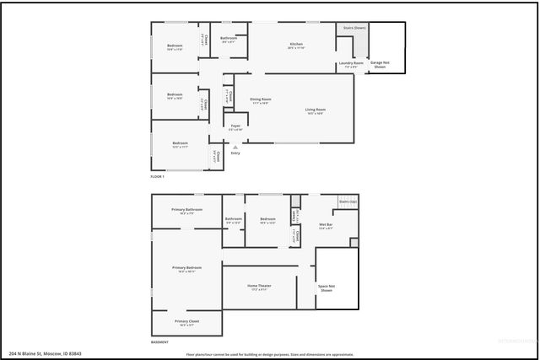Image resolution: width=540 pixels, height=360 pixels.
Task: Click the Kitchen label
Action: pyautogui.click(x=296, y=44)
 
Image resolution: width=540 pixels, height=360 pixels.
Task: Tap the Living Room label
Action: pyautogui.click(x=316, y=110)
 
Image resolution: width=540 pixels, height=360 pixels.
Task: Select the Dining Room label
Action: pyautogui.click(x=259, y=100)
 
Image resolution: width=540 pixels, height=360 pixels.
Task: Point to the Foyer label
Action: pyautogui.click(x=236, y=126)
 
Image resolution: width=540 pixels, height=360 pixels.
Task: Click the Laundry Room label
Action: pyautogui.click(x=351, y=63)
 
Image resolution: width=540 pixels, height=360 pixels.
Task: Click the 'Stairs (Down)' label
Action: pyautogui.click(x=354, y=28)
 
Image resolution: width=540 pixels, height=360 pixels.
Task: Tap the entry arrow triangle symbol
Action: pyautogui.click(x=235, y=146)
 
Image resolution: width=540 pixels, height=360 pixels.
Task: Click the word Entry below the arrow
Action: pyautogui.click(x=235, y=153)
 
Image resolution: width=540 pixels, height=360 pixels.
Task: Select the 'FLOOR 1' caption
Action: pyautogui.click(x=158, y=177)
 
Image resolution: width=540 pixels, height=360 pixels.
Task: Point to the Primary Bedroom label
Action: pyautogui.click(x=186, y=267)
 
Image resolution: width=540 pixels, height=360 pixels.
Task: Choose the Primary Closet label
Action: pyautogui.click(x=186, y=321)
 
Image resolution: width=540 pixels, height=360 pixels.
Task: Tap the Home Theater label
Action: pyautogui.click(x=259, y=287)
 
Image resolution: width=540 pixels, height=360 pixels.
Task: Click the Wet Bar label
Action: pyautogui.click(x=327, y=224)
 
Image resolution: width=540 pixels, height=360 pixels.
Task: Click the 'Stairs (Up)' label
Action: pyautogui.click(x=348, y=202)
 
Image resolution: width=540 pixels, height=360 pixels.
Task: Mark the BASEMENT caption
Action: pyautogui.click(x=159, y=342)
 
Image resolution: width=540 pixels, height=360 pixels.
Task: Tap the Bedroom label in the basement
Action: pyautogui.click(x=268, y=220)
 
